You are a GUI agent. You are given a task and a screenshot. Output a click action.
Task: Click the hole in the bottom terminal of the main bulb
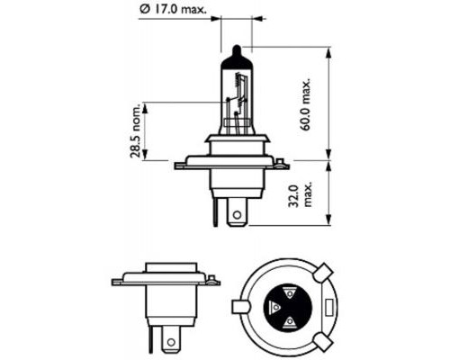coord(237,214)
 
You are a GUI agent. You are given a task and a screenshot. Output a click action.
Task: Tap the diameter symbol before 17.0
coord(144,8)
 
